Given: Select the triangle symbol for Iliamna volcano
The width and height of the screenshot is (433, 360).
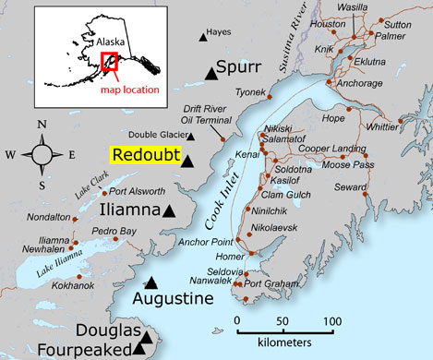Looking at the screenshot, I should pos(169,210).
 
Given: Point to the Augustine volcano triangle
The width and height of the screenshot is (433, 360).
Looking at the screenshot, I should pos(151,283).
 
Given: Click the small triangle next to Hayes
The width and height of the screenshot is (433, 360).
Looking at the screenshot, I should pos(203,36).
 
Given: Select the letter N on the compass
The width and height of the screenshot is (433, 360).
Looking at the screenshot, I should pos(41,125).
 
